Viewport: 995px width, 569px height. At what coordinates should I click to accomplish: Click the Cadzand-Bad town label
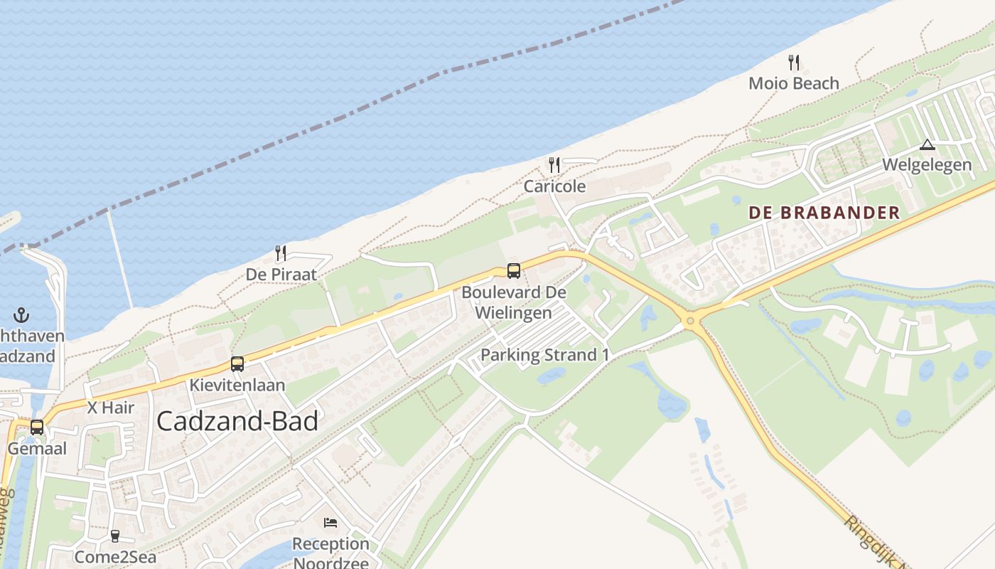(x=237, y=421)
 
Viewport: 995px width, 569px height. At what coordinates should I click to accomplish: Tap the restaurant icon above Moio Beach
(x=794, y=63)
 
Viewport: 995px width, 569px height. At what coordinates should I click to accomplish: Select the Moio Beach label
(x=794, y=83)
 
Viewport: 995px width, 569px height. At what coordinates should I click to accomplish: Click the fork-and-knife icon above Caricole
(x=554, y=166)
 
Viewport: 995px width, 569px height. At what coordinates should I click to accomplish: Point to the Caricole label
(x=554, y=186)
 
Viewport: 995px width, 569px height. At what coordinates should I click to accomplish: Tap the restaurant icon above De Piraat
(x=281, y=253)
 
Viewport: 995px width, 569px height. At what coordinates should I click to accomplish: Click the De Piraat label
(x=281, y=274)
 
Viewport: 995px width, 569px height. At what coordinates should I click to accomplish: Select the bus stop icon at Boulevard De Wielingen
(x=513, y=271)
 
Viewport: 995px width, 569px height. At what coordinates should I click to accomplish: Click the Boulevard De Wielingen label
(x=513, y=302)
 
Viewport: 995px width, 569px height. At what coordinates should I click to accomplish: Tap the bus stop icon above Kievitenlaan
(x=237, y=364)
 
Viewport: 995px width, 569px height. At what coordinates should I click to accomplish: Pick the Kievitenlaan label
(x=237, y=385)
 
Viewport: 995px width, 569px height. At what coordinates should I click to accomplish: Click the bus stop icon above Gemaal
(x=37, y=427)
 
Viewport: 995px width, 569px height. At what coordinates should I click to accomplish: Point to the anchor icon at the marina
(x=21, y=314)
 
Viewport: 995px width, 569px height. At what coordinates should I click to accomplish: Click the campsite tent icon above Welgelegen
(x=927, y=145)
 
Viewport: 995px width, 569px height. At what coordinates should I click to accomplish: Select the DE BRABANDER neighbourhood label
(x=824, y=213)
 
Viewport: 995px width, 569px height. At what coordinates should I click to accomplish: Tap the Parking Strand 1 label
(x=544, y=355)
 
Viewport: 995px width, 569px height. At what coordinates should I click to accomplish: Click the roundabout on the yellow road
(x=689, y=321)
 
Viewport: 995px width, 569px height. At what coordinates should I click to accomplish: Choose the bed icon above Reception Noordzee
(x=330, y=523)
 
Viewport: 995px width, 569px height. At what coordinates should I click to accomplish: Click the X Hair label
(x=110, y=408)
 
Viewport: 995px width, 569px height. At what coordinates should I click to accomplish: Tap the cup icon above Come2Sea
(x=115, y=536)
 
